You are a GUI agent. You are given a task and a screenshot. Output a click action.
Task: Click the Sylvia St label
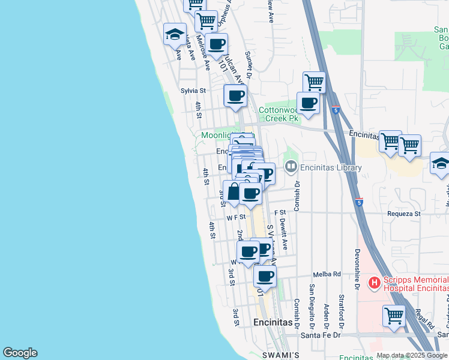(x=193, y=91)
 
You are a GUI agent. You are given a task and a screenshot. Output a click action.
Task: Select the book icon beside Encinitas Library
(x=291, y=167)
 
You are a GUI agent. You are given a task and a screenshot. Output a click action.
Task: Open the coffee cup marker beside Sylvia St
(x=235, y=95)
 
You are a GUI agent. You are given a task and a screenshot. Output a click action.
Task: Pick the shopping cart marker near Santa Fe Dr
(x=394, y=314)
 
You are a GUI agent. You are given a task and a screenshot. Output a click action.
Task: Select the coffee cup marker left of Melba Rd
(x=265, y=277)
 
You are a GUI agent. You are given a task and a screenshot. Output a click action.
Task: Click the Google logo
(x=20, y=353)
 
